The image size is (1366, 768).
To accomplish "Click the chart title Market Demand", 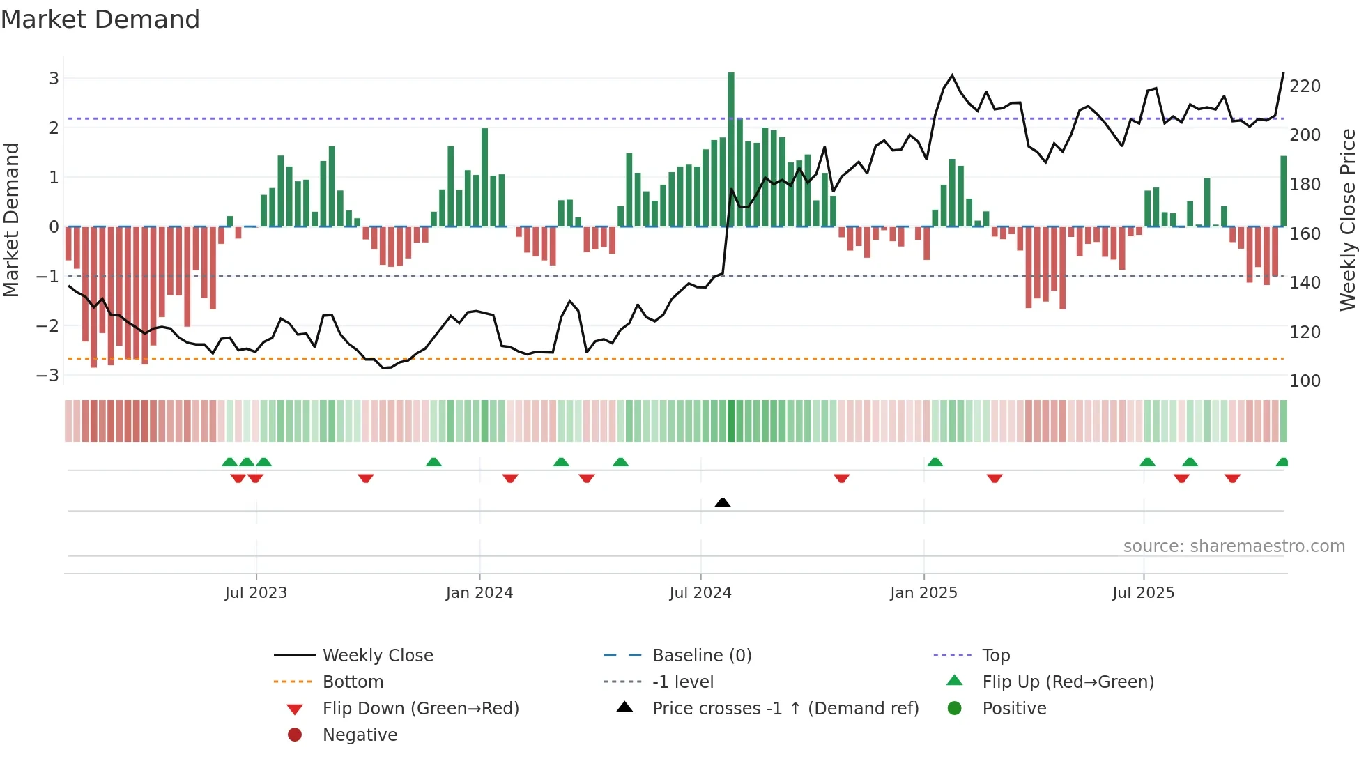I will pos(100,20).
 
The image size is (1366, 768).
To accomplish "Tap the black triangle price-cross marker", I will pos(723,502).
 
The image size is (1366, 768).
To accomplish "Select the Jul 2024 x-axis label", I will pos(700,593).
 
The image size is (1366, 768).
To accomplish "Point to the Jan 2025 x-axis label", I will pos(923,593).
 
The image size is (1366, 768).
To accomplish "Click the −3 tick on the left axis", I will pos(48,376).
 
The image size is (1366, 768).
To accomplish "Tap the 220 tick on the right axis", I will pos(1305,86).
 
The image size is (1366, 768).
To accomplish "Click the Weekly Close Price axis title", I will pos(1347,220).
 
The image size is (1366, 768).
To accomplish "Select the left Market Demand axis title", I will pos(12,220).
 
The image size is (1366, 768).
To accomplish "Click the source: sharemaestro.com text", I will pos(1234,546).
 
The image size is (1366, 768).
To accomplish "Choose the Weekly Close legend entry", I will pos(377,656).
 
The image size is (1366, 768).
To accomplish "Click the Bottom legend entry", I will pos(353,682).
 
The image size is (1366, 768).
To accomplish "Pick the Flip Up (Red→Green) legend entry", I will pos(1067,682).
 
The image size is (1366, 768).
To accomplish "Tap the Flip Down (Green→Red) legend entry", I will pos(420,709).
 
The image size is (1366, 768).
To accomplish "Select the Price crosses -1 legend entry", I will pos(785,709).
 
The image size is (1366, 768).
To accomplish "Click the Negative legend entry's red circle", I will pos(295,735).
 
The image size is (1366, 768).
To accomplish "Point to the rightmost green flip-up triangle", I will pos(1282,462).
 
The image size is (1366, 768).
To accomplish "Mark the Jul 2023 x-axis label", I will pos(256,593).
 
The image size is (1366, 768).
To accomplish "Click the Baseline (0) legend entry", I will pos(701,656).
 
